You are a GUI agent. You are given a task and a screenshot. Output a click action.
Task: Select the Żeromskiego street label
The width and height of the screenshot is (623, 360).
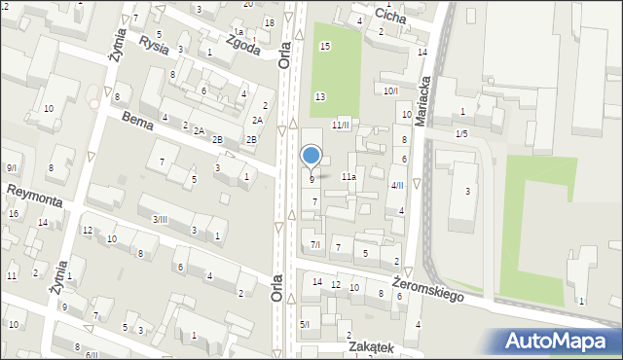(x=427, y=288)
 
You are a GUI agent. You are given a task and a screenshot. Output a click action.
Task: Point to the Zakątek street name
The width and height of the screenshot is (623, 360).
(x=367, y=347)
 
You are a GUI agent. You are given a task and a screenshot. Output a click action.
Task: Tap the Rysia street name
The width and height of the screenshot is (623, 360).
(x=154, y=44)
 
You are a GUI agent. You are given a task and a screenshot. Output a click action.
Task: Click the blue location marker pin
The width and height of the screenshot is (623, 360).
(x=311, y=156)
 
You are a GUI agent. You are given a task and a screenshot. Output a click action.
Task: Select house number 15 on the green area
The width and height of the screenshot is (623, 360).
(x=325, y=46)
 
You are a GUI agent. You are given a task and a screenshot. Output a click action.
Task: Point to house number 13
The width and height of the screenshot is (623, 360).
(x=319, y=95)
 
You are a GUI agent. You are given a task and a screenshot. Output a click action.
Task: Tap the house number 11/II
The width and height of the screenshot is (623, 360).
(x=340, y=125)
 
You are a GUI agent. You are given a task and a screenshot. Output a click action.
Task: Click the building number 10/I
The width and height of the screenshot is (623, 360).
(x=389, y=90)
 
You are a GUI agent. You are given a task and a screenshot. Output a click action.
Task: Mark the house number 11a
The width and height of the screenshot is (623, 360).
(x=348, y=177)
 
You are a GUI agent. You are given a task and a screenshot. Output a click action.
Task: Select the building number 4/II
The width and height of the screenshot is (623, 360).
(x=396, y=185)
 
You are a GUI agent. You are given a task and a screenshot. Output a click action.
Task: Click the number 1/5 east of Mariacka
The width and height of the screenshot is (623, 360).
(x=460, y=133)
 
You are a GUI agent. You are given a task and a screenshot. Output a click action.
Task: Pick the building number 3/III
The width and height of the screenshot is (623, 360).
(x=159, y=219)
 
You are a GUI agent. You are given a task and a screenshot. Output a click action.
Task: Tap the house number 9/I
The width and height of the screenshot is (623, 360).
(x=10, y=168)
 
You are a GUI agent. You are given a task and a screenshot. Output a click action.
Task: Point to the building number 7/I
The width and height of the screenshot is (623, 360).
(x=314, y=244)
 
